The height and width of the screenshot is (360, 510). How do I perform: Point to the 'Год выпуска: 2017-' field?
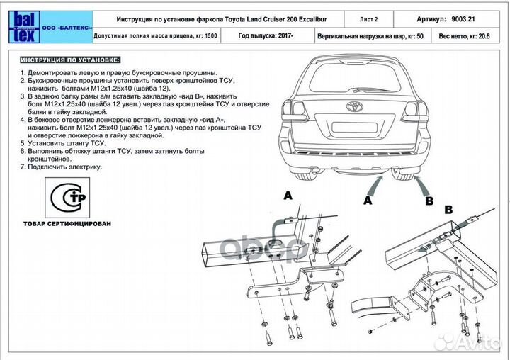[x=266, y=35]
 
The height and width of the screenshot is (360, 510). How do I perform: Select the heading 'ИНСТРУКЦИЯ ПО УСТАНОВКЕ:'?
[x=70, y=60]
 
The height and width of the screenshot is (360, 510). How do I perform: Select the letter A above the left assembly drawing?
[x=288, y=193]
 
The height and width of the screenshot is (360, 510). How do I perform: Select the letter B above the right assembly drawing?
[x=447, y=210]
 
